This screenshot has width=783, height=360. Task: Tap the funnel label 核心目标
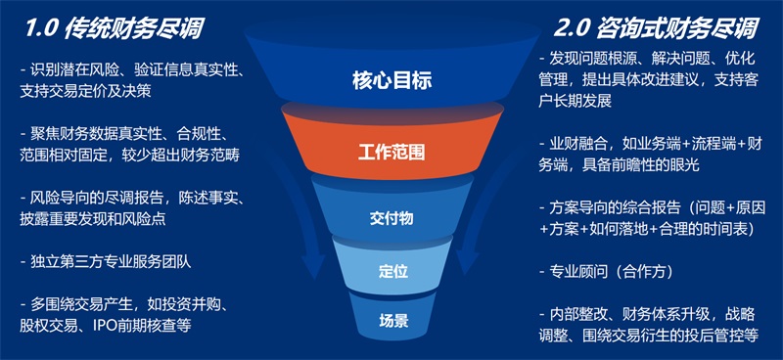click(391, 80)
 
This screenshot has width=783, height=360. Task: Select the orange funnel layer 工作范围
click(391, 152)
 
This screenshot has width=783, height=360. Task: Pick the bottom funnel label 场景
click(391, 319)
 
